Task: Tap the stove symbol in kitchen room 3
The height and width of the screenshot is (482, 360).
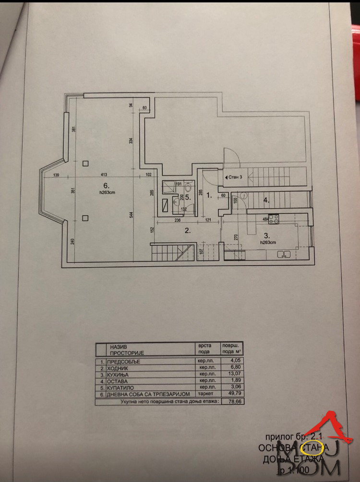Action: pos(274,219)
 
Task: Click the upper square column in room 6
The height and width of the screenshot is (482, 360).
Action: pos(85,163)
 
